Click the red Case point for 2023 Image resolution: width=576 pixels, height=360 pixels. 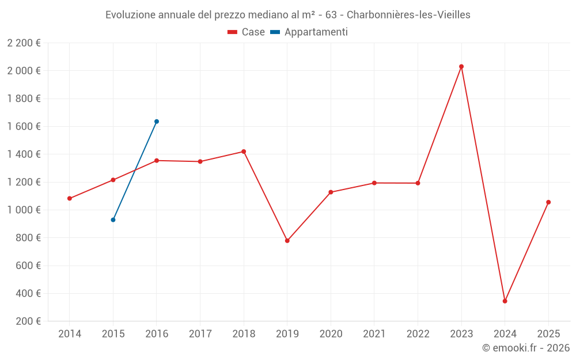point(461,66)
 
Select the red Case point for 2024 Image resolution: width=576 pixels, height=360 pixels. point(505,301)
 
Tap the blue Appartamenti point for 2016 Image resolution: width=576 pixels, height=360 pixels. point(157,122)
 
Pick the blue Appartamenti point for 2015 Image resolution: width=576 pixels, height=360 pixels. point(113,219)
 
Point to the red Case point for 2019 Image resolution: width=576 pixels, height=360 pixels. point(287,241)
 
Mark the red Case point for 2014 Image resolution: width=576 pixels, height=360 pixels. point(70,198)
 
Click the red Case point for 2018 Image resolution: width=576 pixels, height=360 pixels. point(244,151)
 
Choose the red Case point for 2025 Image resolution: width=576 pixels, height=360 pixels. point(548,202)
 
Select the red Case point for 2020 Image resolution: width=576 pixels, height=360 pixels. point(331,192)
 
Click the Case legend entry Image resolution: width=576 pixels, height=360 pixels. point(246,32)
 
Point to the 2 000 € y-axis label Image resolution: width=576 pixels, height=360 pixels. point(24,71)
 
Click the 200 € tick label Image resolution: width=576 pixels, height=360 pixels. point(27,321)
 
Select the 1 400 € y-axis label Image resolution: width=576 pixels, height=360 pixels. point(24,154)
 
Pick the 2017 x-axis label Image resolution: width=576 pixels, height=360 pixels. point(200,334)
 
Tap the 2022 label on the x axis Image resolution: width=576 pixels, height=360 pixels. point(418,334)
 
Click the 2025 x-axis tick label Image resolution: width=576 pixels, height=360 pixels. point(548,334)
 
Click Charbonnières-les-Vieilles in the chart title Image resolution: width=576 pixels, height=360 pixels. point(408,15)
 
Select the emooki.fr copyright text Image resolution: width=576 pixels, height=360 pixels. point(526,348)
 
